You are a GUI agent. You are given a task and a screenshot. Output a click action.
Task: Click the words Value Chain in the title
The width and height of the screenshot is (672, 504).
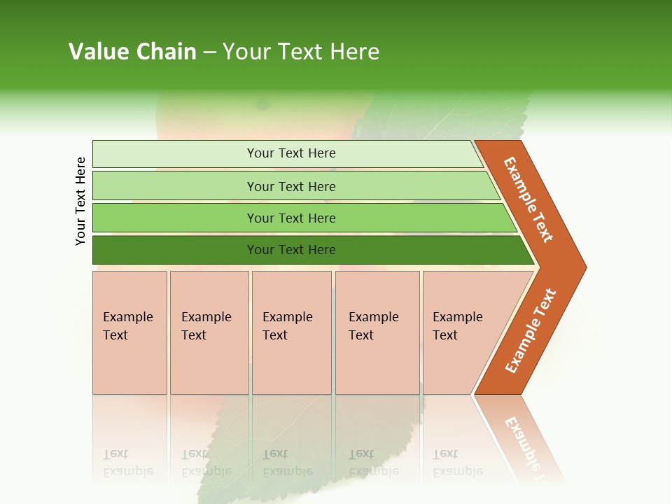pos(132,51)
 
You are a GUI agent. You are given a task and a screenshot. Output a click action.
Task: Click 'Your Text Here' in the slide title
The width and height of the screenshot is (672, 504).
pos(301,51)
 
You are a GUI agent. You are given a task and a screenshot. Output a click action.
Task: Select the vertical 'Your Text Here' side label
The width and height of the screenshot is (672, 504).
pos(80,201)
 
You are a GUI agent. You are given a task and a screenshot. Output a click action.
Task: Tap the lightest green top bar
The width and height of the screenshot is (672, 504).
pos(175,153)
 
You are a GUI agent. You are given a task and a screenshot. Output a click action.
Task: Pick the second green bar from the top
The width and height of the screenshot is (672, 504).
pos(175,186)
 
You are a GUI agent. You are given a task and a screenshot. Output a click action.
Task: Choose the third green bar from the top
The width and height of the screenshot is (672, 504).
pos(175,218)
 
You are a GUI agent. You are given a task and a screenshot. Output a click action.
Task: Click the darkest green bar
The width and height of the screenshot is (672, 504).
pos(175,250)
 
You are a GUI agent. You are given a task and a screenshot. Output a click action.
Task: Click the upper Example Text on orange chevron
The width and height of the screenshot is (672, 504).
pos(528,199)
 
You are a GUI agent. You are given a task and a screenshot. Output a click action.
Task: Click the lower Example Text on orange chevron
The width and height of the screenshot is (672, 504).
pos(531,331)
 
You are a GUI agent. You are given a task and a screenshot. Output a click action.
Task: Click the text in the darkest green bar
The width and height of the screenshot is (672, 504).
pos(291,250)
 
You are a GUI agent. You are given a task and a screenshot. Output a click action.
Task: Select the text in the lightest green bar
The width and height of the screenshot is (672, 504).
pos(291,153)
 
